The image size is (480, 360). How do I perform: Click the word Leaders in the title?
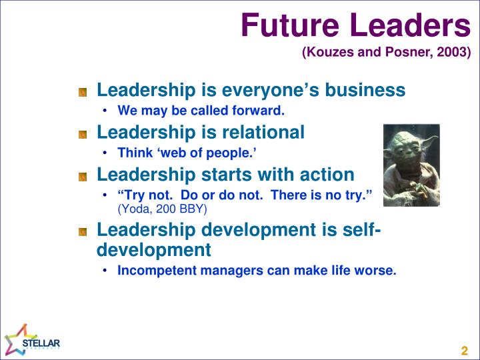415,26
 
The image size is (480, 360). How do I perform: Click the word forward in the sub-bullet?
261,110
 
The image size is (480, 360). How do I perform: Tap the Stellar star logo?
17,340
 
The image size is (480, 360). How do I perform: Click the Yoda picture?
411,165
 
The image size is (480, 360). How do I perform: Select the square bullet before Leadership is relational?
83,134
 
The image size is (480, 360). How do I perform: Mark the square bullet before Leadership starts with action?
83,177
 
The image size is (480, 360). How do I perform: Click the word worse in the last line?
379,270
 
